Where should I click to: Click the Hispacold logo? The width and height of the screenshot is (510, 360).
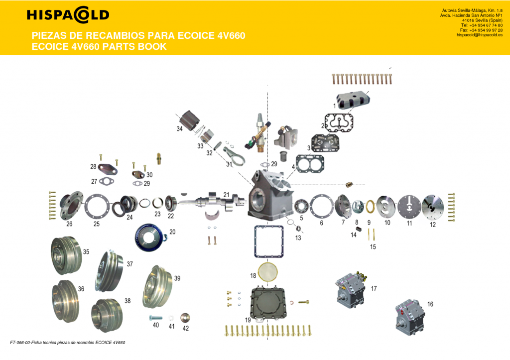pos(68,15)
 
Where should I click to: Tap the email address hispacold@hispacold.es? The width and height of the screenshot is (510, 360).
pos(479,35)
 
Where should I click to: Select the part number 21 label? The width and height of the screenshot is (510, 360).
pos(227,194)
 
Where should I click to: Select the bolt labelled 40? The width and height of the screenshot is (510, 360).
pos(155,317)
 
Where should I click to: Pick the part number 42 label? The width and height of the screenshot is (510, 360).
pos(186,328)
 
